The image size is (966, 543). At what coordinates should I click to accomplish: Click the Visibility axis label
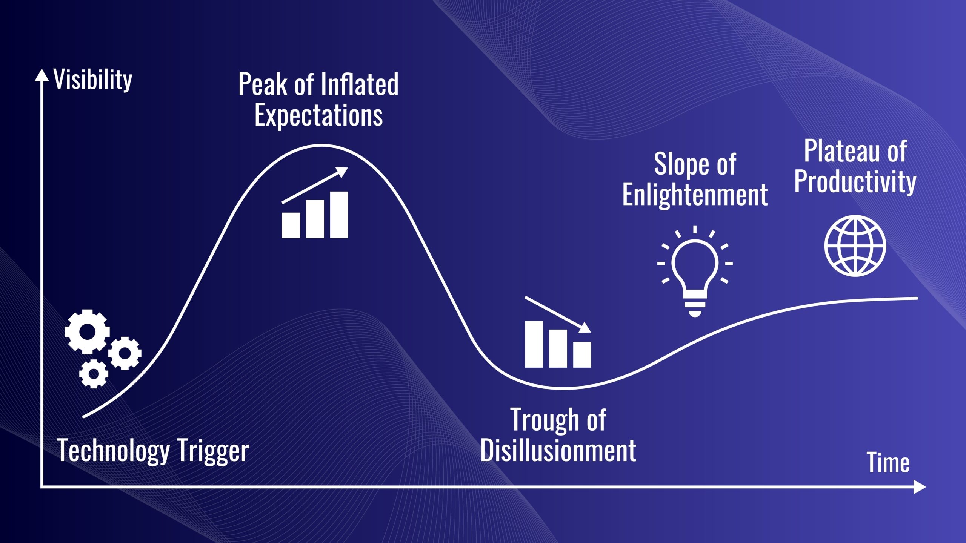click(x=93, y=80)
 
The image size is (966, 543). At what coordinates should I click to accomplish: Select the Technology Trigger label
click(x=153, y=451)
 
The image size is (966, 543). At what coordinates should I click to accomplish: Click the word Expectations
click(x=318, y=115)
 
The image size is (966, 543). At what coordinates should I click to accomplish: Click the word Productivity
click(x=855, y=181)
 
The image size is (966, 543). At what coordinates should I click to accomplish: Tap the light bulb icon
click(x=695, y=271)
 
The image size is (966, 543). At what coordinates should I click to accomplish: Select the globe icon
click(x=855, y=245)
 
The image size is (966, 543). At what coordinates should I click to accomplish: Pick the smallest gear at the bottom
click(x=94, y=374)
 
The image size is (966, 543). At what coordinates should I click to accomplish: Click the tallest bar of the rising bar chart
click(x=339, y=215)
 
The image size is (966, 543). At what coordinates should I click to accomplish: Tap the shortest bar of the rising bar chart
click(x=291, y=225)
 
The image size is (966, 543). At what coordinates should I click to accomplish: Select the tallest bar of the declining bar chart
click(x=534, y=344)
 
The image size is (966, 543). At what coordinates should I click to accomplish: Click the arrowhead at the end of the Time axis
click(x=920, y=487)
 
